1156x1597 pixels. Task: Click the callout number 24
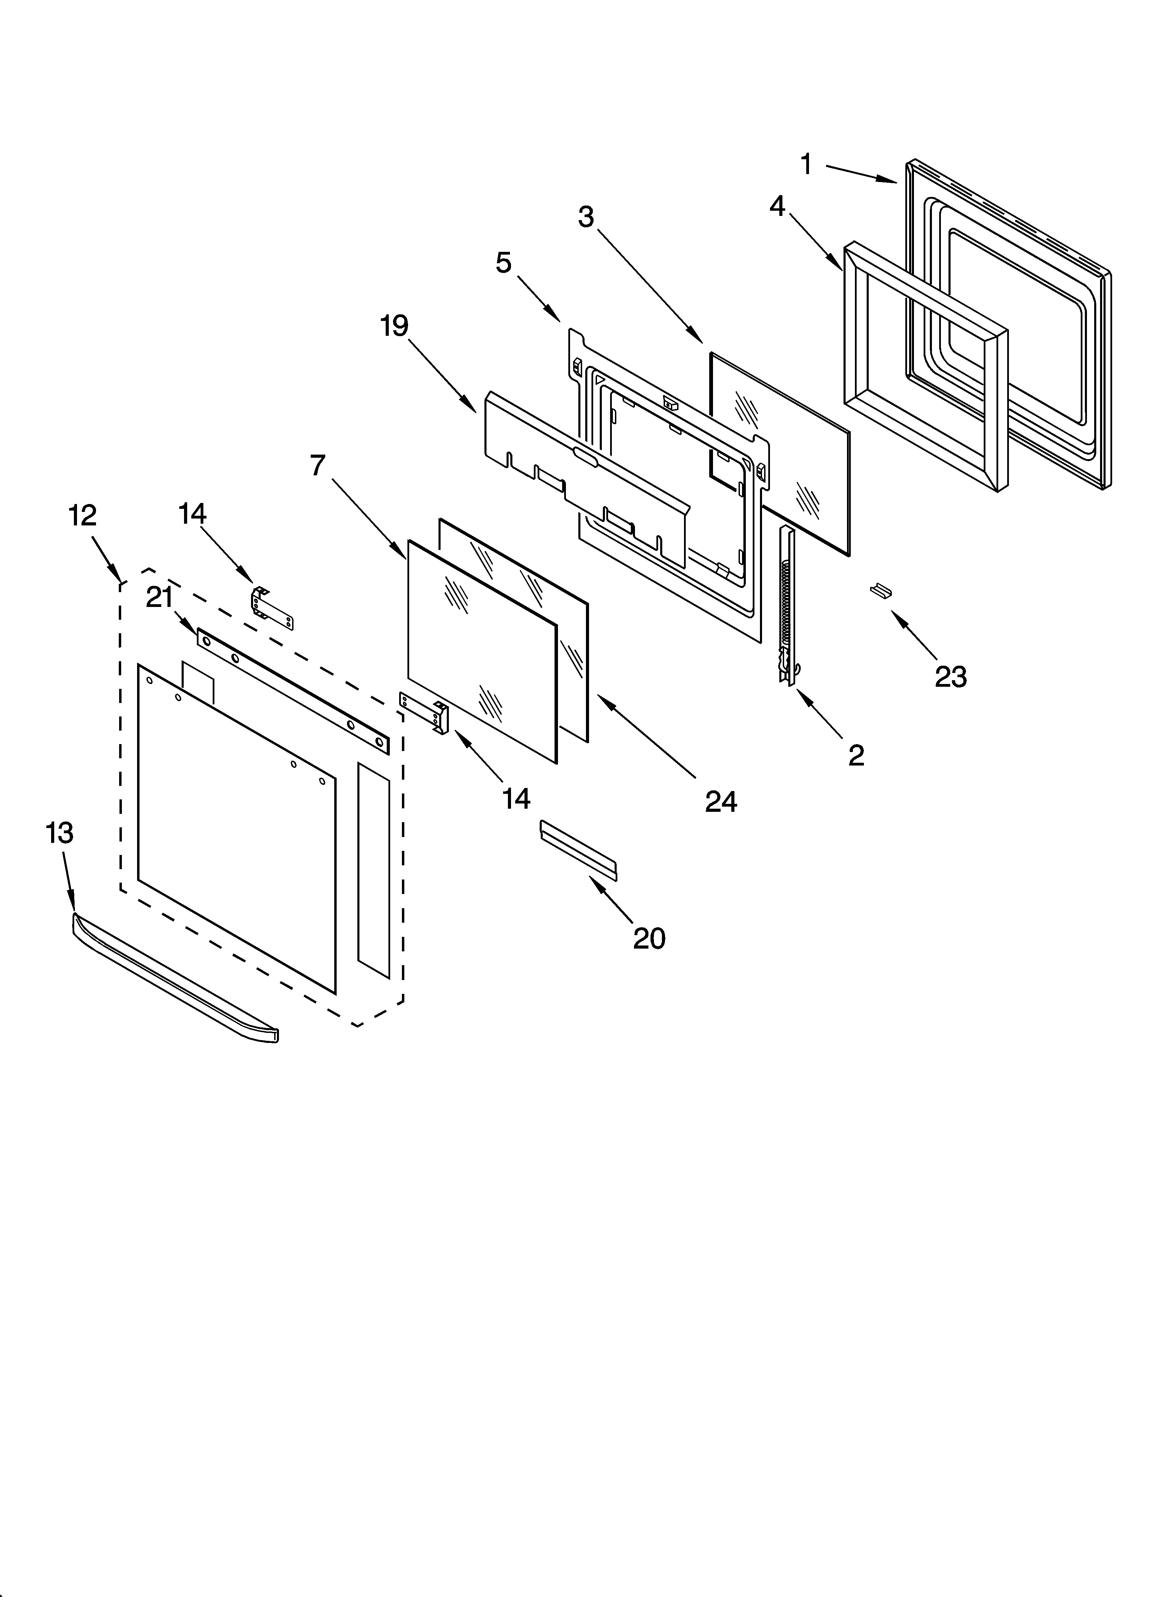721,802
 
